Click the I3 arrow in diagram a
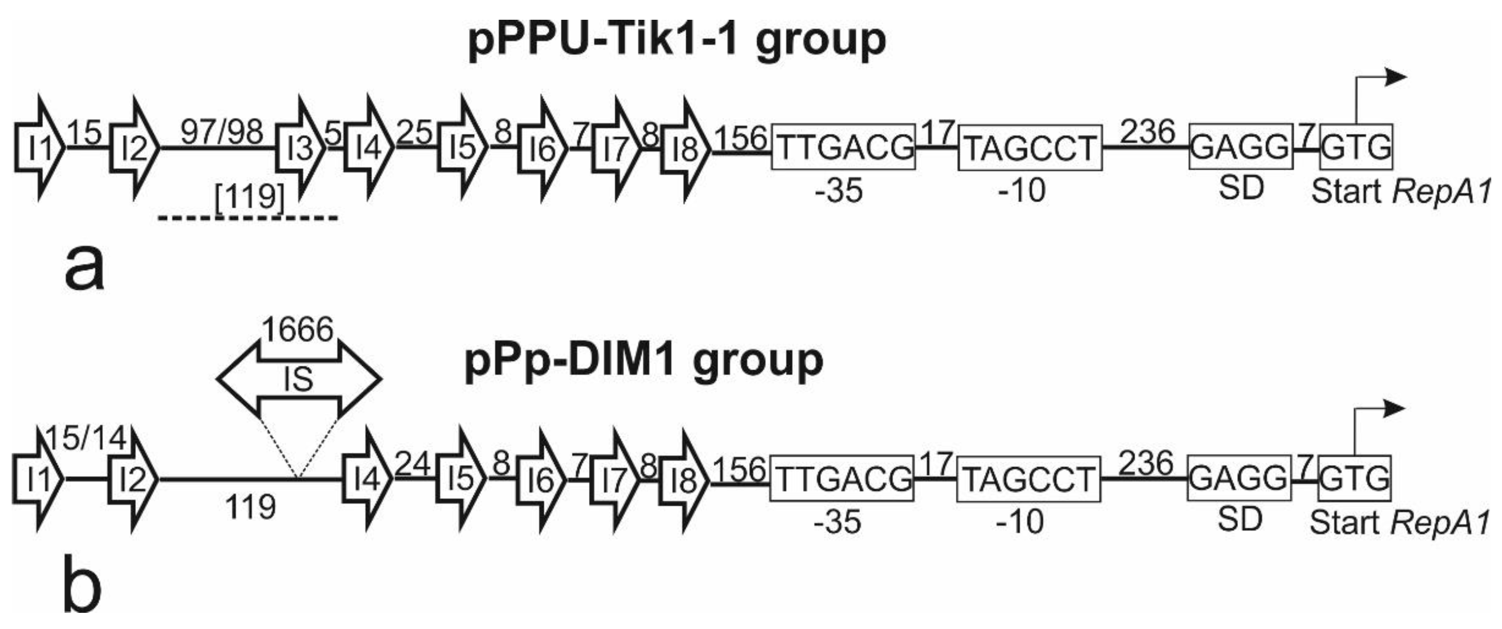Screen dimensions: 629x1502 coord(300,149)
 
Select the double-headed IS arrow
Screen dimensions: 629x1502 coord(299,379)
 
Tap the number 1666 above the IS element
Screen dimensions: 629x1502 coord(298,330)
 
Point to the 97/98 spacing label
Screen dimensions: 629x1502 coord(222,133)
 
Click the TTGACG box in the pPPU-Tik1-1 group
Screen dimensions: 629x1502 coord(843,148)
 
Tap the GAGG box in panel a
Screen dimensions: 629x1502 coord(1239,148)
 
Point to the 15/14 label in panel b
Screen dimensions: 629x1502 coord(86,438)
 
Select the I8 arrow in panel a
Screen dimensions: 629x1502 coord(685,149)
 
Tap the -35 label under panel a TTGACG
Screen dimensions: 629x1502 coord(839,191)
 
